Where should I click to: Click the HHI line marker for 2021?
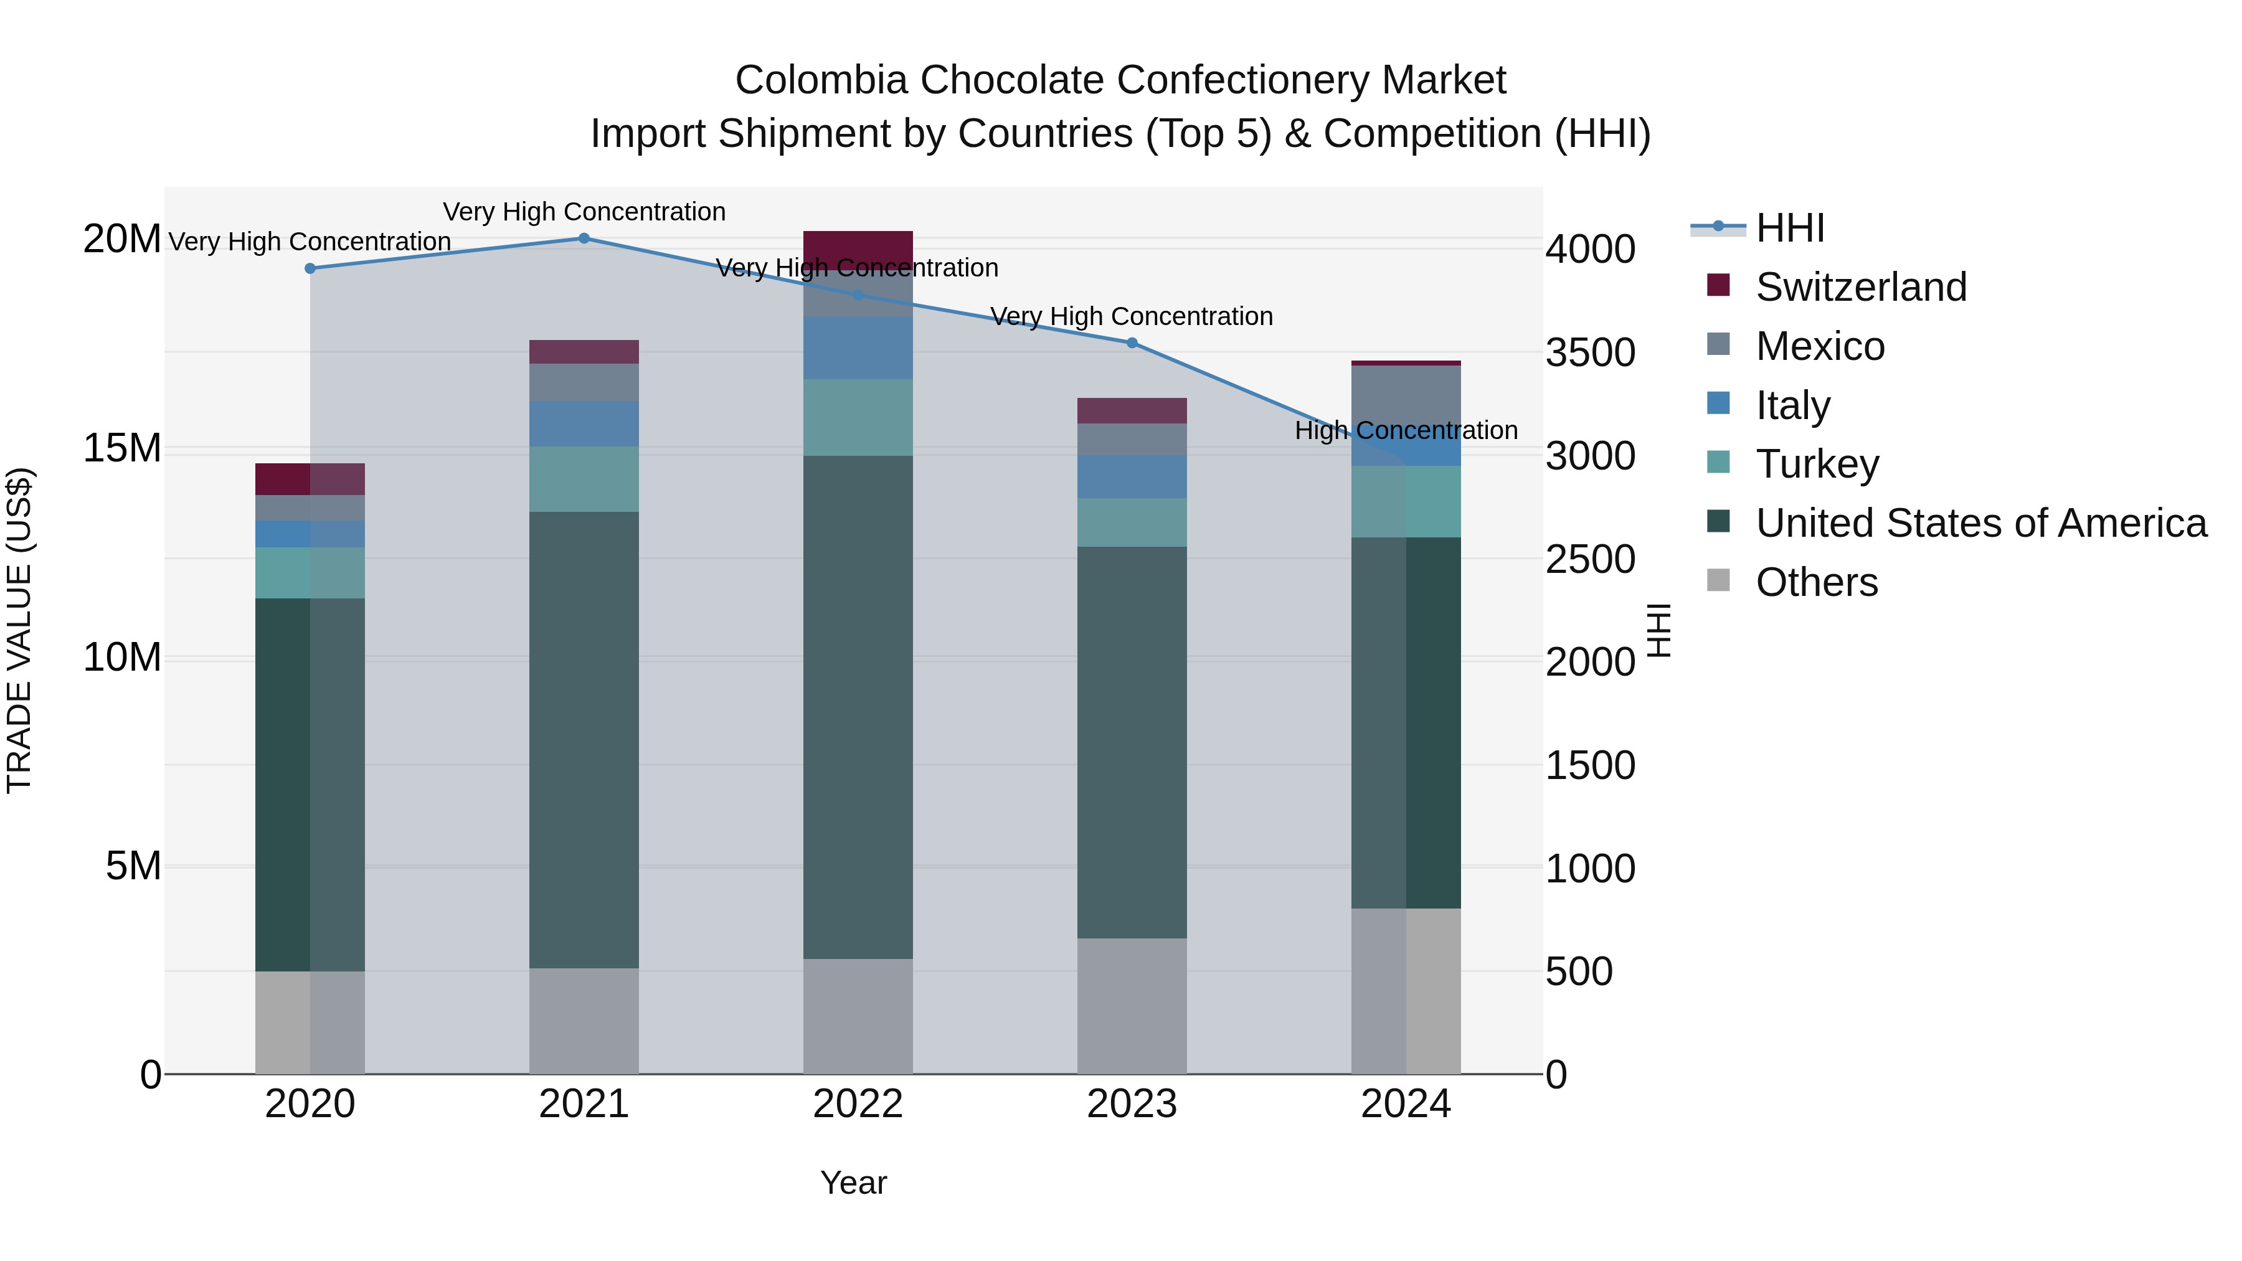pos(584,239)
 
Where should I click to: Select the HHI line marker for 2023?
pos(1132,343)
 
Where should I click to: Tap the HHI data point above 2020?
pos(310,269)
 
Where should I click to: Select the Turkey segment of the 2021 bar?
pos(584,479)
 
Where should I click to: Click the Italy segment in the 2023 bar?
pos(1132,477)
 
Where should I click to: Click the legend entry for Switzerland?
pos(1861,287)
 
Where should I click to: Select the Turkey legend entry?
pos(1817,464)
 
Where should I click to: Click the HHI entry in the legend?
pos(1789,228)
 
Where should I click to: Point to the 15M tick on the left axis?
pos(122,448)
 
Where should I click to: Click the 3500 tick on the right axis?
pos(1589,352)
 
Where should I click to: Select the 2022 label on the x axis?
pos(858,1104)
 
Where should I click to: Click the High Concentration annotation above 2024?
pos(1406,431)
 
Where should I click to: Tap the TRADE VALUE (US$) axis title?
pos(20,630)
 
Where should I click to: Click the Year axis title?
pos(853,1183)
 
